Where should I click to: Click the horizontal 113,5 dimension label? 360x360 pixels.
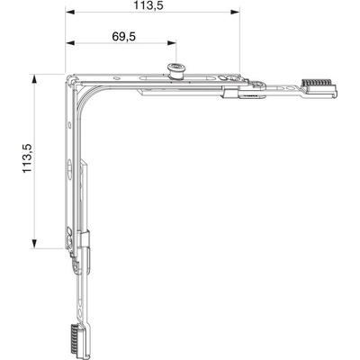[x=148, y=5]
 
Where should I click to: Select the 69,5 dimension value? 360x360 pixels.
[x=124, y=37]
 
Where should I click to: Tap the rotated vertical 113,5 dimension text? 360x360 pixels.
[x=27, y=158]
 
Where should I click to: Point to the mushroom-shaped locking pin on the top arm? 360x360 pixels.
[x=175, y=71]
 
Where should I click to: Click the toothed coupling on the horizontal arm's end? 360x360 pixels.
[x=319, y=87]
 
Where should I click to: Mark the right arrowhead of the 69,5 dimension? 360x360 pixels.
[x=172, y=43]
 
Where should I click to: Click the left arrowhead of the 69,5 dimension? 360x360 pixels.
[x=70, y=43]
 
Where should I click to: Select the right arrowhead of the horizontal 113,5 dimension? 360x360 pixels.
[x=235, y=12]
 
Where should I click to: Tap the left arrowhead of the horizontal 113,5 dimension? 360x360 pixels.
[x=70, y=12]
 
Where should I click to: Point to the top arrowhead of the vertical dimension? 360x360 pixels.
[x=34, y=78]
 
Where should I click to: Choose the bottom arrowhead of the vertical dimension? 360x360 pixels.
[x=34, y=244]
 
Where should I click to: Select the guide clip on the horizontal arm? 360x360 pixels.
[x=229, y=92]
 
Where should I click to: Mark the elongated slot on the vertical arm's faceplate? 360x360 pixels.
[x=69, y=167]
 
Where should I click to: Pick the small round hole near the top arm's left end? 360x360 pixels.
[x=116, y=78]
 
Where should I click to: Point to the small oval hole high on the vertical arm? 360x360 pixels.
[x=69, y=125]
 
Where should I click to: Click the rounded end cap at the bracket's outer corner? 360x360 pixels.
[x=71, y=79]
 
